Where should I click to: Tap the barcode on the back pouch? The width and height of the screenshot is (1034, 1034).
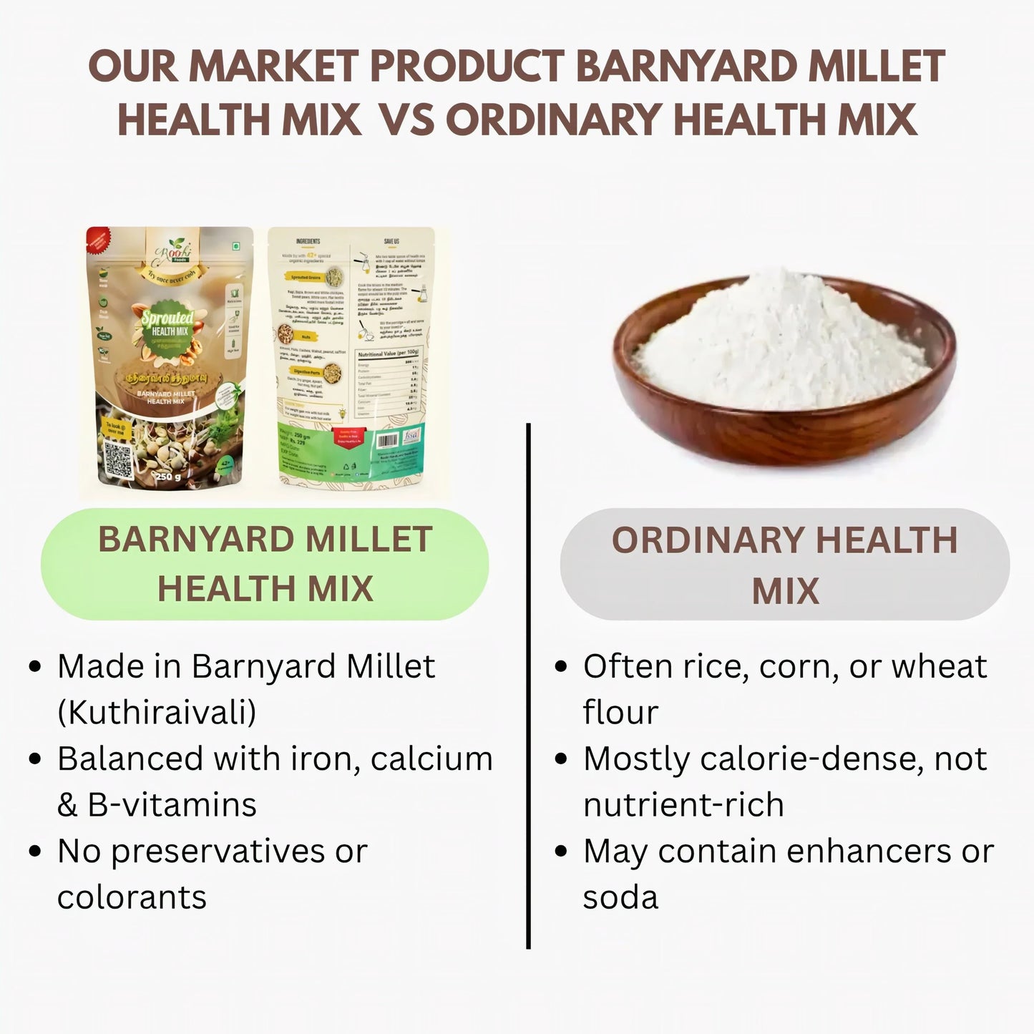pos(387,442)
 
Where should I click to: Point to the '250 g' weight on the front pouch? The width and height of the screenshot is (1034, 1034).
pos(169,477)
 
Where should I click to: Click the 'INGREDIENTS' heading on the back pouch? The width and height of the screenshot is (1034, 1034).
pos(308,241)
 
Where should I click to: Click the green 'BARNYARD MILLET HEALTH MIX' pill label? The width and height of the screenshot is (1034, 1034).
pos(265,564)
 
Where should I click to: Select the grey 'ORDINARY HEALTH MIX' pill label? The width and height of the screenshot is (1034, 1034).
pos(784,564)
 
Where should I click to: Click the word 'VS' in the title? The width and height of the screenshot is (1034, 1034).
pos(406,119)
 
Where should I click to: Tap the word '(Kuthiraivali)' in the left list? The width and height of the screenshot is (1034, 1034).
pos(157,713)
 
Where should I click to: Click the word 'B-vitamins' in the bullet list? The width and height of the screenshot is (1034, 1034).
pos(172,805)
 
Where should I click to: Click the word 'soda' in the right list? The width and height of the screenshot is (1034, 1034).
pos(620,897)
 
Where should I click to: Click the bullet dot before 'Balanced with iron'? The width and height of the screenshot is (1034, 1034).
pos(35,760)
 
